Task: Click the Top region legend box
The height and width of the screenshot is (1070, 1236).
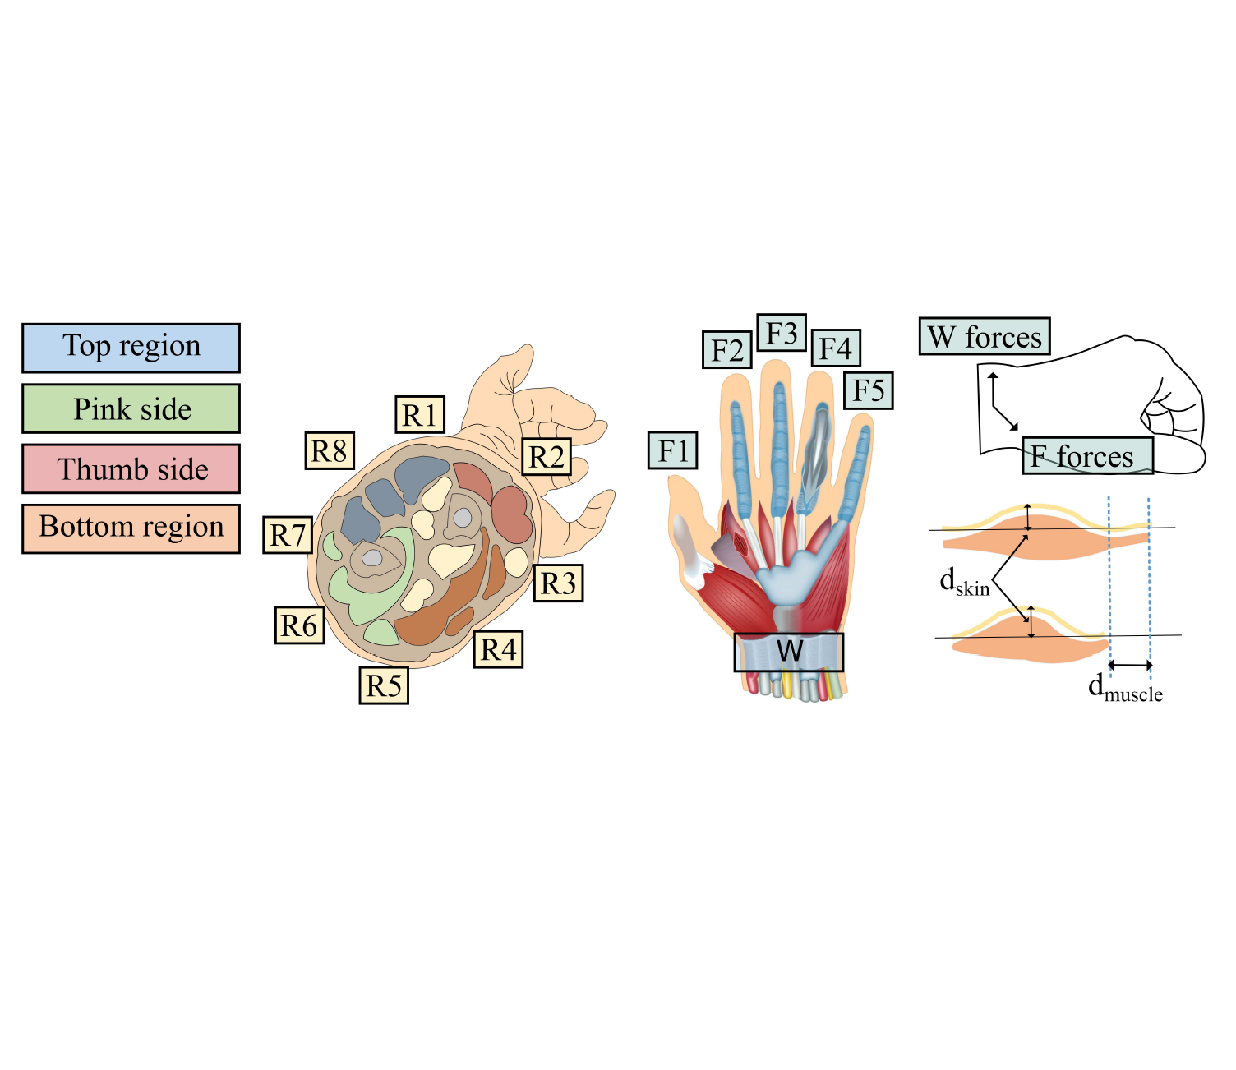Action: point(131,348)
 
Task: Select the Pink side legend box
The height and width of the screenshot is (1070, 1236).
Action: point(131,408)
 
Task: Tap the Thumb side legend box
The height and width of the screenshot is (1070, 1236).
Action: point(131,469)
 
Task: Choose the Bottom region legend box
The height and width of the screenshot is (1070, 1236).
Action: point(131,528)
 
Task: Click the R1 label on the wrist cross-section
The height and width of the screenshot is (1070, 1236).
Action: point(420,414)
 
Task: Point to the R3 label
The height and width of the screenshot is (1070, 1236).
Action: point(558,583)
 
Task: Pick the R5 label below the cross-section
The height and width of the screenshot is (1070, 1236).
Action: point(384,685)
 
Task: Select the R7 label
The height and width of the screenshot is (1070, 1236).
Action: point(288,535)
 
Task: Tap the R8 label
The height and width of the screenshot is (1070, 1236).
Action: point(330,450)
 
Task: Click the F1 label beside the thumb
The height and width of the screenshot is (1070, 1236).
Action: point(673,450)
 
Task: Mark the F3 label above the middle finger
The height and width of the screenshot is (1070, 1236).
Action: point(782,332)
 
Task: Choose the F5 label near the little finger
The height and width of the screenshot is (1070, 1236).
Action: point(869,390)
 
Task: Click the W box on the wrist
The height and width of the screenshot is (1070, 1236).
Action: point(789,653)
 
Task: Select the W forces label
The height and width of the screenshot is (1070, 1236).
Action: point(985,336)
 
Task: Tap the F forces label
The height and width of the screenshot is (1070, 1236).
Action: point(1088,456)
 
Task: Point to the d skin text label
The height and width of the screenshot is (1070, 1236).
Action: point(965,582)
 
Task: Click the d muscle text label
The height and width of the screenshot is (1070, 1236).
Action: point(1125,689)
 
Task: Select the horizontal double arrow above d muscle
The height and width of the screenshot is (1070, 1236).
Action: point(1130,665)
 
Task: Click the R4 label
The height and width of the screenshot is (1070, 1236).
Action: point(498,649)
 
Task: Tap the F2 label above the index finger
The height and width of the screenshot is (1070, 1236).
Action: point(727,349)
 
